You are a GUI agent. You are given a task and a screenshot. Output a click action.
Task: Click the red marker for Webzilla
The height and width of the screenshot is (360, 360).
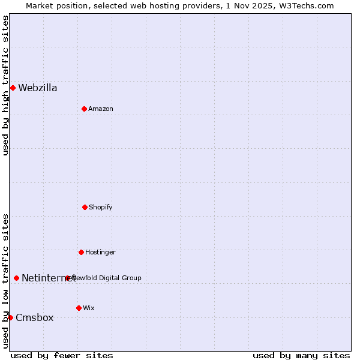tap(13, 88)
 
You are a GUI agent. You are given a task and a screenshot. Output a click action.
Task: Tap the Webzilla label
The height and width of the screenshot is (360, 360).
tap(38, 88)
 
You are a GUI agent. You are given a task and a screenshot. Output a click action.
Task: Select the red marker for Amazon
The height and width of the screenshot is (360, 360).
tap(84, 109)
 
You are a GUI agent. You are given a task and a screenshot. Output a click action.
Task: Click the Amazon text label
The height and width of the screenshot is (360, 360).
tap(101, 109)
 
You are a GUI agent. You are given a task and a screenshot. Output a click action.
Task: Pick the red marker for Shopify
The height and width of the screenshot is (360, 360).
tap(85, 207)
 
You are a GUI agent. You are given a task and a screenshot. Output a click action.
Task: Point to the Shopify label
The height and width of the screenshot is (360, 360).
tap(101, 208)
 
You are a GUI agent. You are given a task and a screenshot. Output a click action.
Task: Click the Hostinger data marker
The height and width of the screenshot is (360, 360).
tap(81, 252)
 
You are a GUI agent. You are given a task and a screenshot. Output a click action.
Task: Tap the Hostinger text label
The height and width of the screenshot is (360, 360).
tap(100, 253)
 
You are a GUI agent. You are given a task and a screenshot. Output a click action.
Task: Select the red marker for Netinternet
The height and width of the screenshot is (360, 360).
tap(16, 278)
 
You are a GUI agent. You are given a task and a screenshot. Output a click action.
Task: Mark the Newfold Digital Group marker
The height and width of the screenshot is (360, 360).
tap(68, 278)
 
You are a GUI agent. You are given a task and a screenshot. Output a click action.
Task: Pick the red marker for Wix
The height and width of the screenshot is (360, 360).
tap(79, 308)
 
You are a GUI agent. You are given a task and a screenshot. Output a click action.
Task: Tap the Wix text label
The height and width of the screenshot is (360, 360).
tap(89, 308)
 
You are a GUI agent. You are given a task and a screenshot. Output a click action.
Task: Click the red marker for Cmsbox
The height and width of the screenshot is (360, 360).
tap(10, 317)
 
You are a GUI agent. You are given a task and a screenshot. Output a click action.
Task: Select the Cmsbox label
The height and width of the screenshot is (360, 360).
tap(35, 318)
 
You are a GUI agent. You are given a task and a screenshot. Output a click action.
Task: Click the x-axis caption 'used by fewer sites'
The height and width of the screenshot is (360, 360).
tap(62, 355)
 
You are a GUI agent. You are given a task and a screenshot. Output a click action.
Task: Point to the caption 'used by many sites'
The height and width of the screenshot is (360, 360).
tap(301, 355)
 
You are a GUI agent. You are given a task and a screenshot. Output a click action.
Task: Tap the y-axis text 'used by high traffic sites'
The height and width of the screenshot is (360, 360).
tap(5, 85)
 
